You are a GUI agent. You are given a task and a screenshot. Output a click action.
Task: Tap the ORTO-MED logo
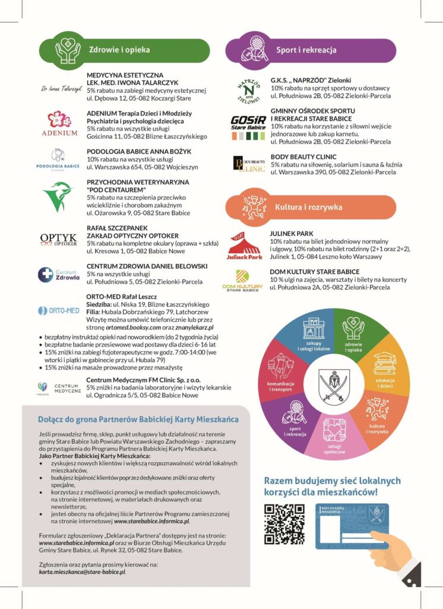click(x=58, y=310)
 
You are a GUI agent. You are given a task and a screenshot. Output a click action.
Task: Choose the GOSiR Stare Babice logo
click(x=248, y=127)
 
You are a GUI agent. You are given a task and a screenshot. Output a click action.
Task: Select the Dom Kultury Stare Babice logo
click(x=242, y=280)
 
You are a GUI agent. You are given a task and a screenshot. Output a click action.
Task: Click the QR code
click(x=284, y=524)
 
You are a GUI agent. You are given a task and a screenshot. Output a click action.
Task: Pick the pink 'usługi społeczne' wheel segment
click(x=334, y=438)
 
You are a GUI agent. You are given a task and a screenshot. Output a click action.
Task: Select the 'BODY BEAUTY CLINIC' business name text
click(x=303, y=156)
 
